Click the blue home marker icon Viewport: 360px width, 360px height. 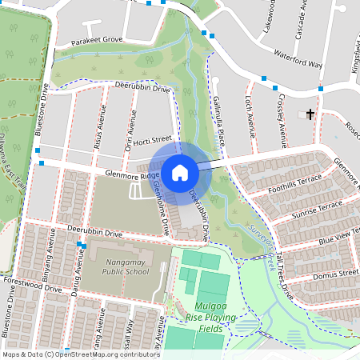point(180,172)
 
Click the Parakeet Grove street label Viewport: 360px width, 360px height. point(96,39)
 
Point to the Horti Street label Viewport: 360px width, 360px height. point(154,140)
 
